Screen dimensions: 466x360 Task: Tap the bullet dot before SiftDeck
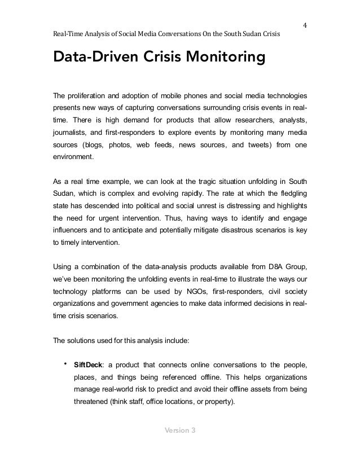66,362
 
